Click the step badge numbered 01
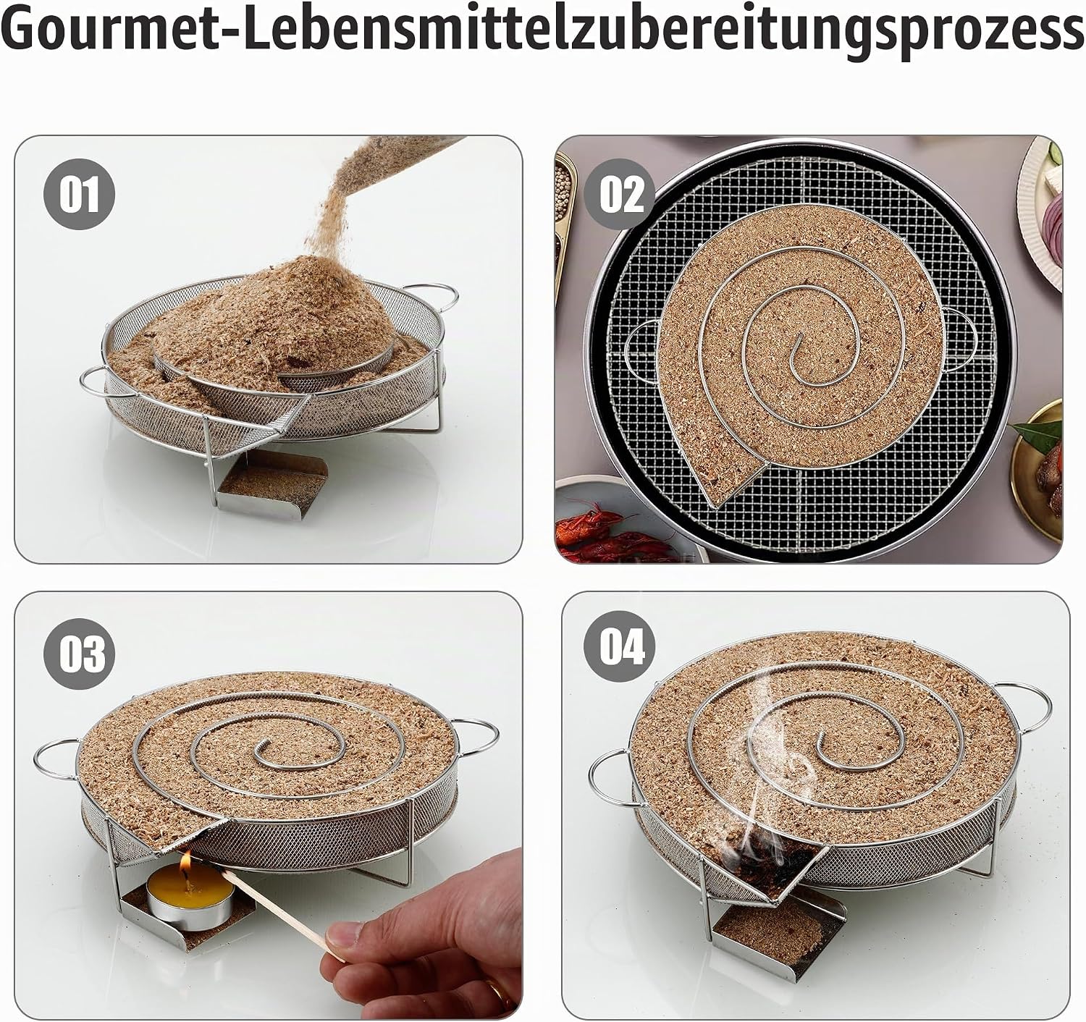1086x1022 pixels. click(x=80, y=195)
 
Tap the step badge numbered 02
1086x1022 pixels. click(x=620, y=195)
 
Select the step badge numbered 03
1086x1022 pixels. click(x=80, y=654)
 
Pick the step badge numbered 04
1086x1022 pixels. click(x=620, y=647)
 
